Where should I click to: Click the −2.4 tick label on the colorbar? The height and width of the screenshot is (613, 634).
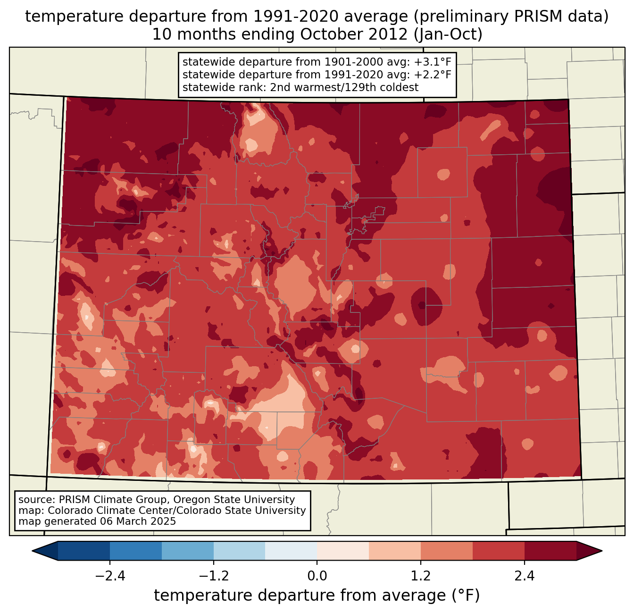coord(110,576)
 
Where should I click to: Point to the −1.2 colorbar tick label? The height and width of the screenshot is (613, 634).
coord(213,576)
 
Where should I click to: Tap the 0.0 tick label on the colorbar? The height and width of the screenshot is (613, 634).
coord(317,576)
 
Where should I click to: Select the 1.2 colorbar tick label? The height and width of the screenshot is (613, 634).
coord(420,576)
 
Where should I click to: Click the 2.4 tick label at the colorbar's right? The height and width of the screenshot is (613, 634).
coord(524,576)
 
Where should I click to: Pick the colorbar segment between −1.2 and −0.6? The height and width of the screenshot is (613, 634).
coord(239,551)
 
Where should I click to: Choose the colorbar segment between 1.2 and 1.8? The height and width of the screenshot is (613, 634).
coord(446,551)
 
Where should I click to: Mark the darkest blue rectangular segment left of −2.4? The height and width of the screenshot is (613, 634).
coord(84,551)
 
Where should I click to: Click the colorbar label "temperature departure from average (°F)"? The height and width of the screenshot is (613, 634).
coord(317,596)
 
